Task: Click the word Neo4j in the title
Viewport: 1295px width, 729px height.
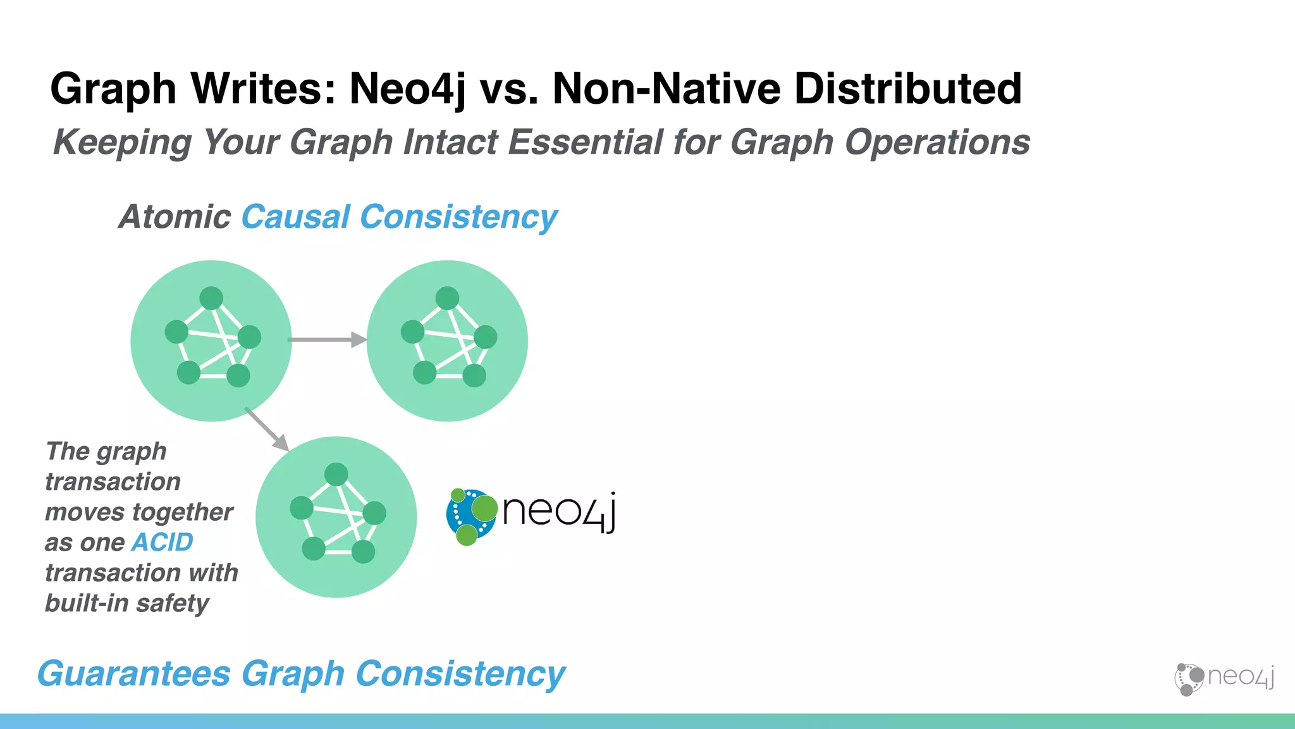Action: (407, 88)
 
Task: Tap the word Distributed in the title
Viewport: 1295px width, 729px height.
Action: (907, 88)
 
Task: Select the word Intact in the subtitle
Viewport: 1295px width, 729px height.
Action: (451, 142)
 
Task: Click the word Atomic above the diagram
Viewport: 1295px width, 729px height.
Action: (175, 216)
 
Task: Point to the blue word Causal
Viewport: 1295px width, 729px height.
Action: (295, 216)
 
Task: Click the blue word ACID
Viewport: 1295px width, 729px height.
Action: (163, 542)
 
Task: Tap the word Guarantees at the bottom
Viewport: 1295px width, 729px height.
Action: (134, 673)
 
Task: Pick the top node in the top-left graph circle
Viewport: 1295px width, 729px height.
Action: (211, 298)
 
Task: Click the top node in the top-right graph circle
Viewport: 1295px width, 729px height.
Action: (447, 298)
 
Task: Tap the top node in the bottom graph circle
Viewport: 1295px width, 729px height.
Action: (336, 474)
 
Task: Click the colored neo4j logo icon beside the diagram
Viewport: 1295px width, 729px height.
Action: (471, 516)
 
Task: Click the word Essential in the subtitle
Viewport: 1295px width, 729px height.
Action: (585, 142)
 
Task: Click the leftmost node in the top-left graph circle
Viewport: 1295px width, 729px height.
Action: (176, 332)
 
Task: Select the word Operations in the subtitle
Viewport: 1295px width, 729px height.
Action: (937, 142)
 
